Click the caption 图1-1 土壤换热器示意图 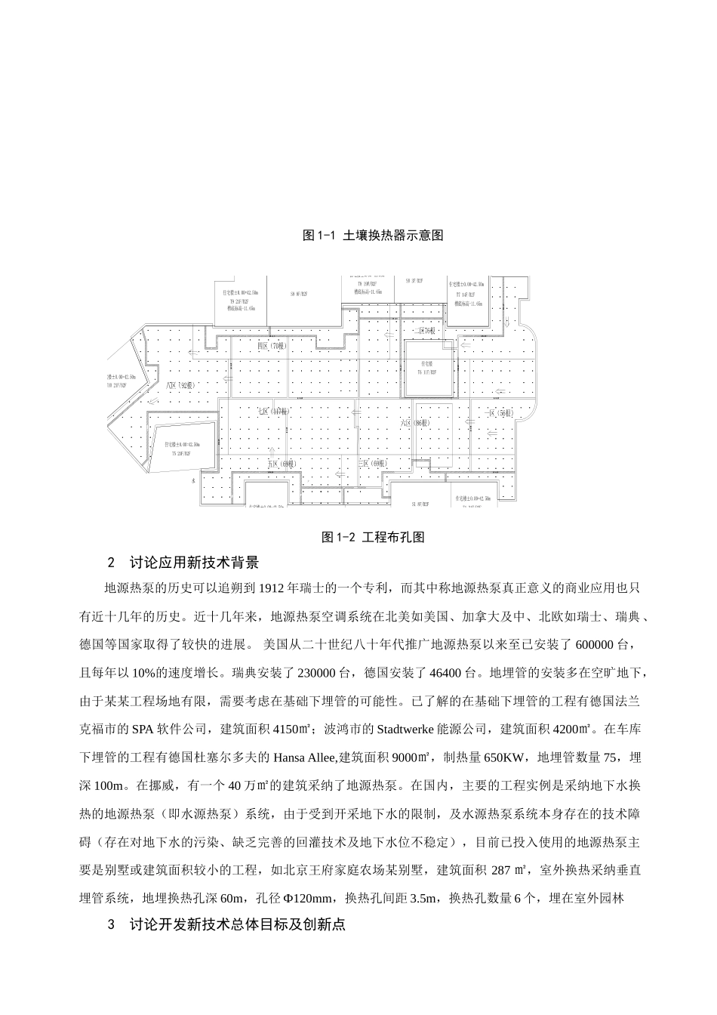tap(372, 235)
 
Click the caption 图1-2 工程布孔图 tap(373, 537)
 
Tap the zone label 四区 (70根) tap(269, 345)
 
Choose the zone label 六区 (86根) tap(414, 424)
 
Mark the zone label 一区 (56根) tap(499, 413)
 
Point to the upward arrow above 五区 tap(338, 475)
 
